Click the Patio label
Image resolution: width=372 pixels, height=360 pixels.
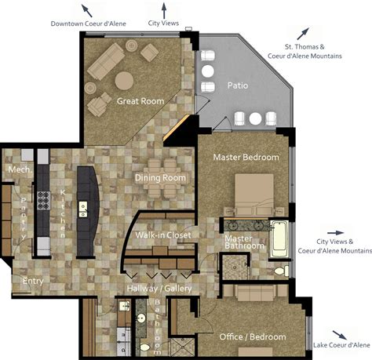pos(238,85)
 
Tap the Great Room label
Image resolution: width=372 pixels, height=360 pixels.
pos(140,101)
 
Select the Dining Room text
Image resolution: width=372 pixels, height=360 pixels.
pos(160,178)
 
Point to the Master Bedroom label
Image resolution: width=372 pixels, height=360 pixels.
pos(246,157)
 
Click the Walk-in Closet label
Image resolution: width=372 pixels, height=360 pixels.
pos(163,235)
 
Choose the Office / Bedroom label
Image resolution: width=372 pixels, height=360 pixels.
pos(253,336)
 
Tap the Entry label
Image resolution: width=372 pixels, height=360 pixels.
pos(33,281)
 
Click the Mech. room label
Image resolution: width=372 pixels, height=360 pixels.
pos(20,169)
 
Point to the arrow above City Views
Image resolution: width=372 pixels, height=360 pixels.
pos(164,11)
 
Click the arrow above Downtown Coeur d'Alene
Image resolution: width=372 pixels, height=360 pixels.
pos(87,10)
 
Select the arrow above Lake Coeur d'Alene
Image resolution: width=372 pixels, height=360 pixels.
pos(340,335)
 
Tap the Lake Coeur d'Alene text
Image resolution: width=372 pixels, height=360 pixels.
pos(341,345)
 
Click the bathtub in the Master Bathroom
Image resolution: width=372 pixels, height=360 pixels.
pos(279,239)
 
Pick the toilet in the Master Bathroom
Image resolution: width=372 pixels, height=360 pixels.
pos(282,271)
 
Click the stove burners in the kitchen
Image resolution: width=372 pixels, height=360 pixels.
pos(43,200)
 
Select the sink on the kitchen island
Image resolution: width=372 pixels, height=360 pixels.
pos(83,209)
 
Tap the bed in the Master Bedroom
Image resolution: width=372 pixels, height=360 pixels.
pos(254,195)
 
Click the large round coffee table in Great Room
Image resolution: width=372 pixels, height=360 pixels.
pos(124,81)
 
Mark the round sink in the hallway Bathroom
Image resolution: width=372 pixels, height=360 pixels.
pos(141,318)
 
